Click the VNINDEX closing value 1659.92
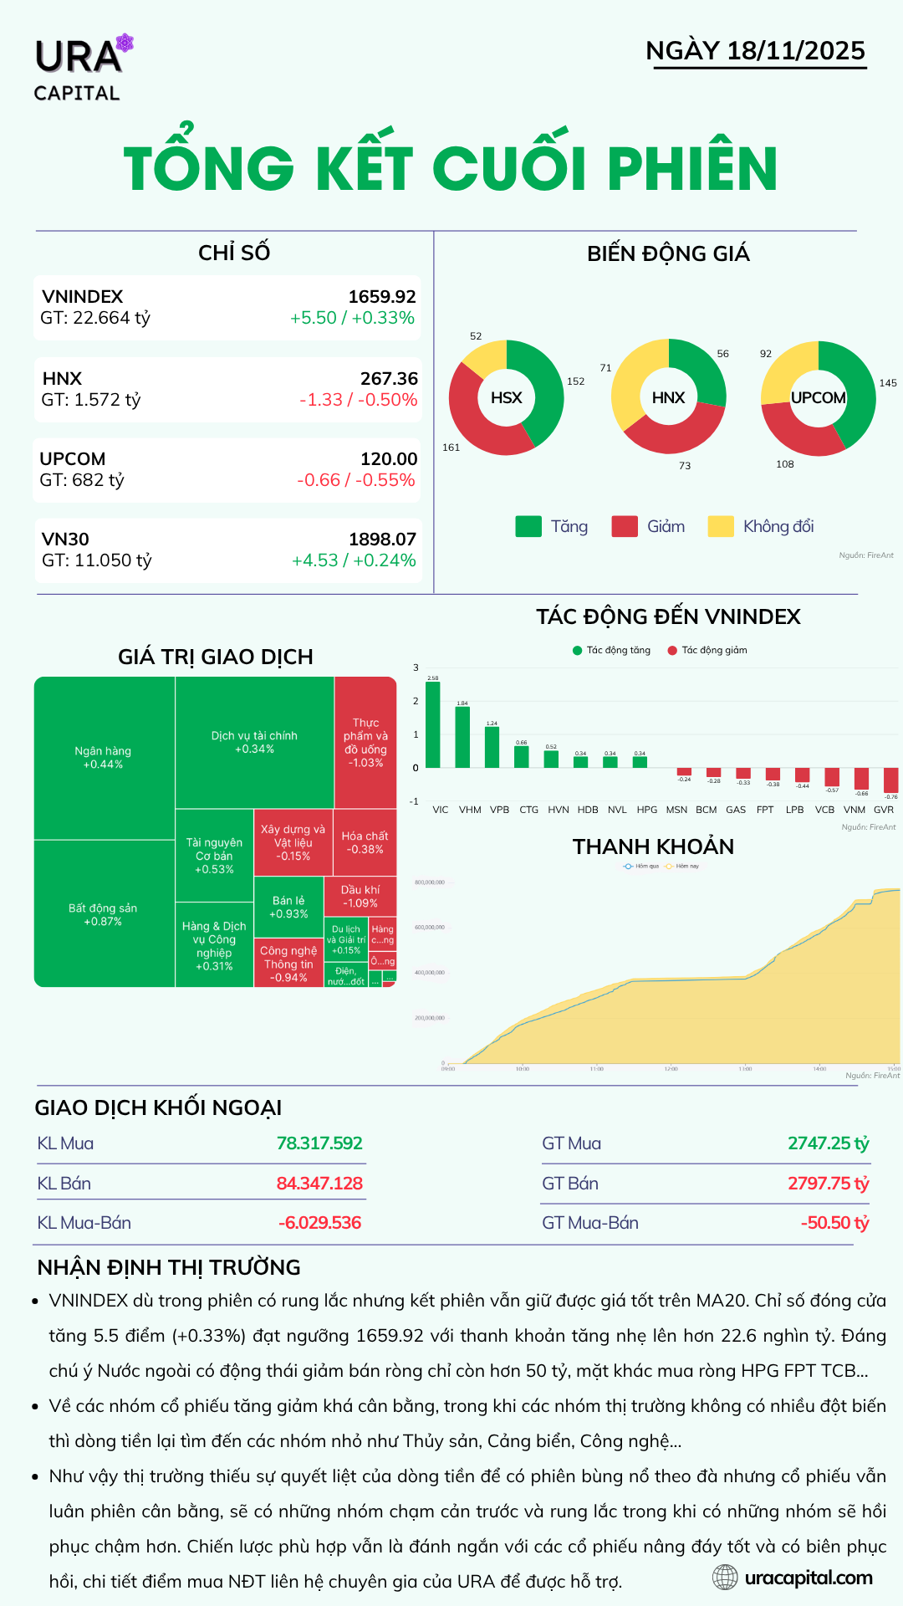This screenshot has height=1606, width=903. click(x=381, y=297)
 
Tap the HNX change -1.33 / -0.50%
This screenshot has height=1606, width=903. click(x=358, y=400)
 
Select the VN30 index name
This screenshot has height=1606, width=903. click(x=65, y=540)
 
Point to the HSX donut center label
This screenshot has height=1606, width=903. click(x=506, y=398)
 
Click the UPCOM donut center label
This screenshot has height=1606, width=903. click(x=818, y=398)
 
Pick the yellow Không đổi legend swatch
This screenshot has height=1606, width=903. click(x=720, y=526)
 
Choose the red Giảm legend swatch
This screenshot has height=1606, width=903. click(x=625, y=526)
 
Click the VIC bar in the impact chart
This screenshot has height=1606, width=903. click(x=432, y=724)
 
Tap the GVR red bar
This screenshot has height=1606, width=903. click(x=890, y=780)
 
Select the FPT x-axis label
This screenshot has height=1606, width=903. click(x=764, y=810)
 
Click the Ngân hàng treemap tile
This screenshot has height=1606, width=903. click(x=104, y=757)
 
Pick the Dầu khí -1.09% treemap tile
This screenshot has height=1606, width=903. click(x=360, y=896)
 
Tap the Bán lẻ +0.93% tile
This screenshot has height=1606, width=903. click(x=288, y=907)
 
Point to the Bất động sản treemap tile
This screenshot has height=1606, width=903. click(x=104, y=913)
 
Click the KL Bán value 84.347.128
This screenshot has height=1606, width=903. click(x=319, y=1184)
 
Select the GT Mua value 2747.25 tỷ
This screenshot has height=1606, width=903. click(x=828, y=1143)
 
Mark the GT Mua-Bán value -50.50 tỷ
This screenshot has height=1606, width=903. click(x=834, y=1223)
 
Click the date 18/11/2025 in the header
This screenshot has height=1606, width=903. click(x=795, y=51)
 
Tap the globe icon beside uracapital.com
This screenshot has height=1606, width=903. click(x=725, y=1578)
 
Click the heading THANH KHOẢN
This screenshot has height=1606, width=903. click(x=653, y=846)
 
